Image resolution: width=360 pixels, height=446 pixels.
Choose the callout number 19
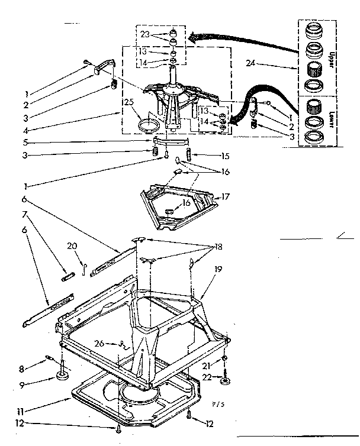pyautogui.click(x=218, y=269)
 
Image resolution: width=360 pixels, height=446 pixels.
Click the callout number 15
pyautogui.click(x=207, y=156)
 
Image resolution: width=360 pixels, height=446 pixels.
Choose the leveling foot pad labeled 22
pyautogui.click(x=225, y=382)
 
